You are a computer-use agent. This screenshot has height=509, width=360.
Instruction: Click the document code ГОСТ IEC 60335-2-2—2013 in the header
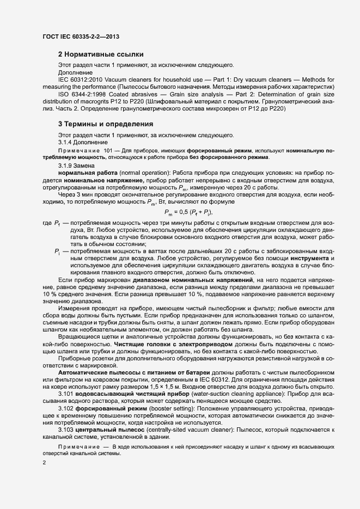tap(80, 37)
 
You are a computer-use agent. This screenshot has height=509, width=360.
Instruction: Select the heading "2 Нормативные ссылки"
tap(101, 54)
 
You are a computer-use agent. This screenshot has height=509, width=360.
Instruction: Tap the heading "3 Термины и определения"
tap(106, 124)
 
